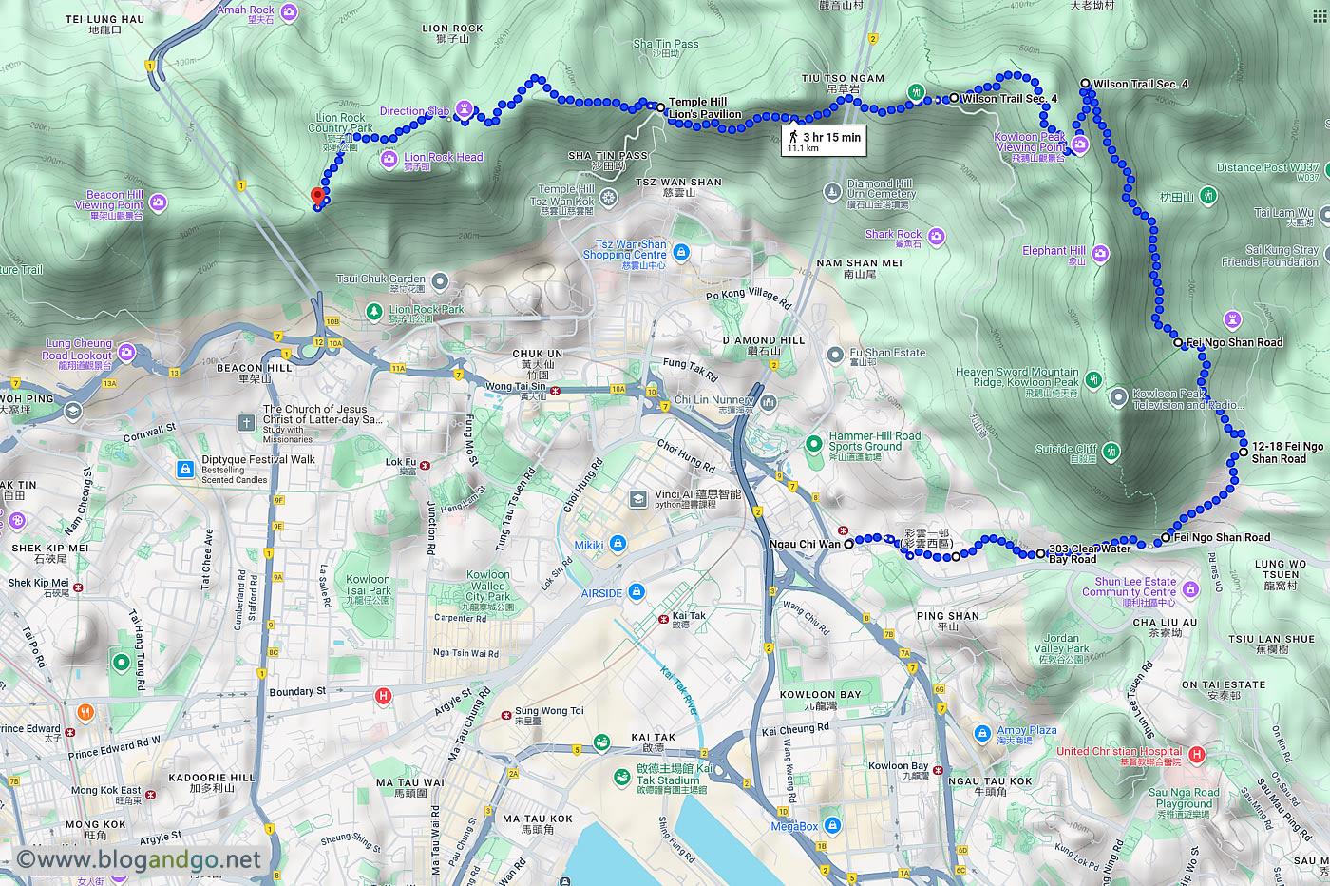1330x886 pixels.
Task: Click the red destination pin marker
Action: pyautogui.click(x=317, y=197)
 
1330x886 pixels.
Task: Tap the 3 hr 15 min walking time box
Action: pyautogui.click(x=824, y=141)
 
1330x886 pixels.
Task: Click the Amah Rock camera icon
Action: pyautogui.click(x=289, y=12)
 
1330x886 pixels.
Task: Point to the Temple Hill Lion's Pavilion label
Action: pyautogui.click(x=704, y=108)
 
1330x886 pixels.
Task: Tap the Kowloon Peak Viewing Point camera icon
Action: pyautogui.click(x=1079, y=144)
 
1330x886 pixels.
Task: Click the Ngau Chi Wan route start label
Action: pyautogui.click(x=805, y=545)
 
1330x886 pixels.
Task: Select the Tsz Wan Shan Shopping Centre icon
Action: pyautogui.click(x=680, y=252)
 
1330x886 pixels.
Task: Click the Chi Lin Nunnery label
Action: pyautogui.click(x=713, y=400)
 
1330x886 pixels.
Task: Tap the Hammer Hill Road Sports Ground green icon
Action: pyautogui.click(x=813, y=443)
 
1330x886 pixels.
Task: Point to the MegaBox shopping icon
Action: pyautogui.click(x=832, y=825)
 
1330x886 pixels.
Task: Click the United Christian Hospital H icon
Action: pyautogui.click(x=1196, y=754)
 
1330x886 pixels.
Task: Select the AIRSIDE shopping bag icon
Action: pyautogui.click(x=636, y=592)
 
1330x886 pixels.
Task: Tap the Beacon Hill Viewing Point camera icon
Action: pyautogui.click(x=158, y=202)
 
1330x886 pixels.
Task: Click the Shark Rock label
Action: pyautogui.click(x=893, y=234)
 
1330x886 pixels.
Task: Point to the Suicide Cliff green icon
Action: pyautogui.click(x=1111, y=451)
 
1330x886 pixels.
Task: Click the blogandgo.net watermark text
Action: pyautogui.click(x=139, y=860)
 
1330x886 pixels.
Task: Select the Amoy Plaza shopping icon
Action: pyautogui.click(x=982, y=733)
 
